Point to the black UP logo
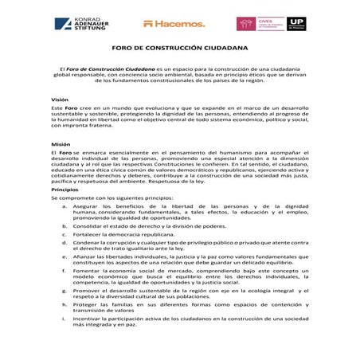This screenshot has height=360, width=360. [296, 22]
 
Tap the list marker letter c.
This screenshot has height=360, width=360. [65, 235]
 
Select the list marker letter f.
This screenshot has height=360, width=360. [65, 272]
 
